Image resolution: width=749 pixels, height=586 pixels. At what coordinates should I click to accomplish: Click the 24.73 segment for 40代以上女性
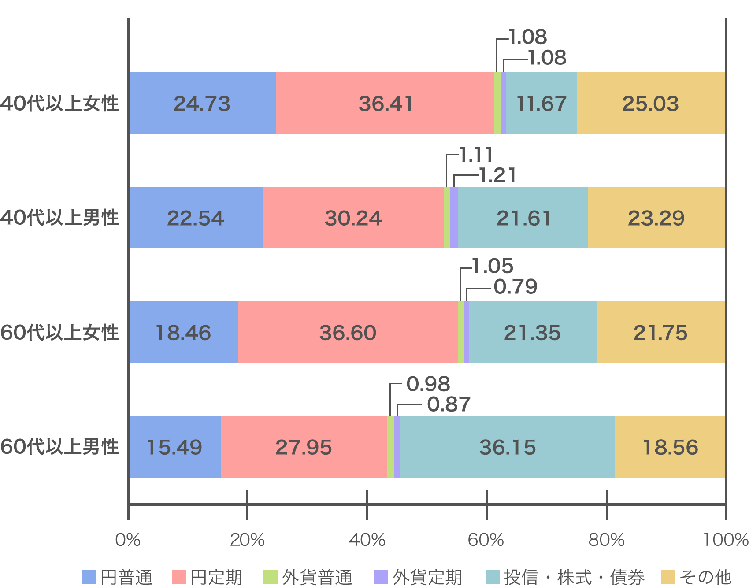tap(202, 104)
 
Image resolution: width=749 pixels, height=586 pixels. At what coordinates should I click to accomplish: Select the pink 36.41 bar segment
tap(386, 104)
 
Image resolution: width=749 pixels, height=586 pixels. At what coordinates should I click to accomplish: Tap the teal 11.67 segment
tap(541, 104)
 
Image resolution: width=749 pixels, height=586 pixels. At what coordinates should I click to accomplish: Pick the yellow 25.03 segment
tap(650, 104)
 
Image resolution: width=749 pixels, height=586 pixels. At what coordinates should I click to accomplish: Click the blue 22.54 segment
tap(196, 218)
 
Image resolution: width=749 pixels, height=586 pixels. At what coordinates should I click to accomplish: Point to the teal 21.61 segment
tap(523, 218)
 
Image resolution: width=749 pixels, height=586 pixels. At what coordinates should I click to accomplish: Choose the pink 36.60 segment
tap(348, 333)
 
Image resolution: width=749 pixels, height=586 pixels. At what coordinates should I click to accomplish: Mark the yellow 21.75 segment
tap(660, 333)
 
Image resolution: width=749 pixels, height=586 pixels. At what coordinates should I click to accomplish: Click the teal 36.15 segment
tap(508, 447)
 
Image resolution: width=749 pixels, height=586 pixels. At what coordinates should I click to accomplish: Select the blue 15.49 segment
tap(174, 447)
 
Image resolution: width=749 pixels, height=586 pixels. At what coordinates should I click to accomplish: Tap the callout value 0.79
tap(515, 287)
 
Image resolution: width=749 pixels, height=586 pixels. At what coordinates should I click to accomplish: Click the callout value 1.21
tap(497, 175)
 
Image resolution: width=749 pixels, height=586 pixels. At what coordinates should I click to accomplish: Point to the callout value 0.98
tap(428, 384)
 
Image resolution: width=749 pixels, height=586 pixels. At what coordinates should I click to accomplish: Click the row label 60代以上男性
tap(59, 447)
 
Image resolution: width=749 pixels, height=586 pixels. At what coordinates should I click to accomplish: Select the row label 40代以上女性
tap(59, 104)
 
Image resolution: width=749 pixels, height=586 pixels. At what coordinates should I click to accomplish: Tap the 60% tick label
tap(486, 540)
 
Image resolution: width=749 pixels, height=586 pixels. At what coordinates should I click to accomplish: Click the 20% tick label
tap(247, 540)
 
